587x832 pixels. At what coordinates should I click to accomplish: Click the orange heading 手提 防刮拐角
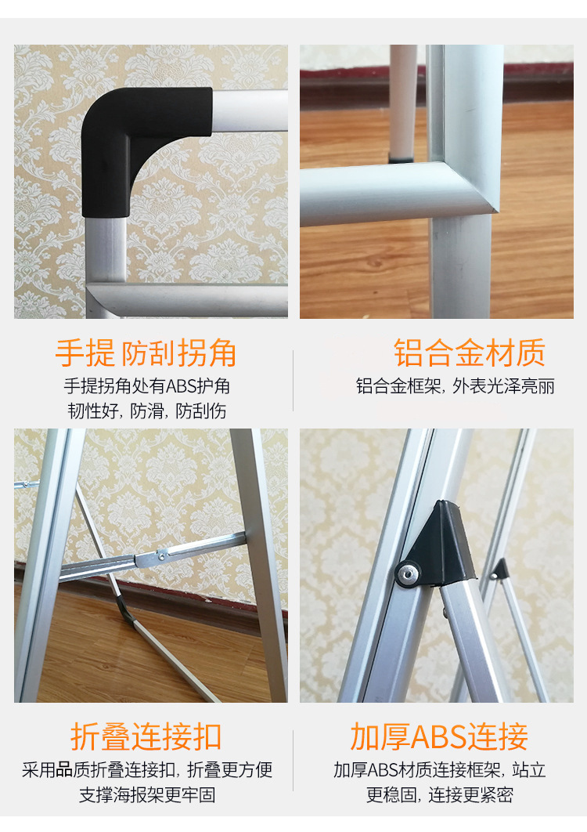146,353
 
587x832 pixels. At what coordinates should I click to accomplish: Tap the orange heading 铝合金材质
470,353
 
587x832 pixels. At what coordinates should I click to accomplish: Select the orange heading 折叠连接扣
146,736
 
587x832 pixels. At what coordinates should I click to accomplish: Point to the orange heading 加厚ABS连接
439,736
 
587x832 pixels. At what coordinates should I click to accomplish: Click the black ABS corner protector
122,138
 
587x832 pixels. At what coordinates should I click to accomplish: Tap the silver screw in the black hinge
408,573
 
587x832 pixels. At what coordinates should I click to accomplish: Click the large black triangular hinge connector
438,547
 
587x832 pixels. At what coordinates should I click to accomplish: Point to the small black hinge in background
499,570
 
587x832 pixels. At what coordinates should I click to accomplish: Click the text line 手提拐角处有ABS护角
147,385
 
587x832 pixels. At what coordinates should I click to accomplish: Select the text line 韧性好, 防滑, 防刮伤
147,411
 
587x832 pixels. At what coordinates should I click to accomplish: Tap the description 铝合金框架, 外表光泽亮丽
455,385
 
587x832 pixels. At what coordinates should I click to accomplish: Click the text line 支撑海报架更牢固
147,794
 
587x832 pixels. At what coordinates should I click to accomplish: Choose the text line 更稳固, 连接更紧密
440,794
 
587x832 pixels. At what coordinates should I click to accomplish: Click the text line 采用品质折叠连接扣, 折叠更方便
147,769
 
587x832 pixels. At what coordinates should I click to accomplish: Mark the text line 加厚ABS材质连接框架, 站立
440,769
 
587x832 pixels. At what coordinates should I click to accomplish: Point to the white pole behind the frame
403,101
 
